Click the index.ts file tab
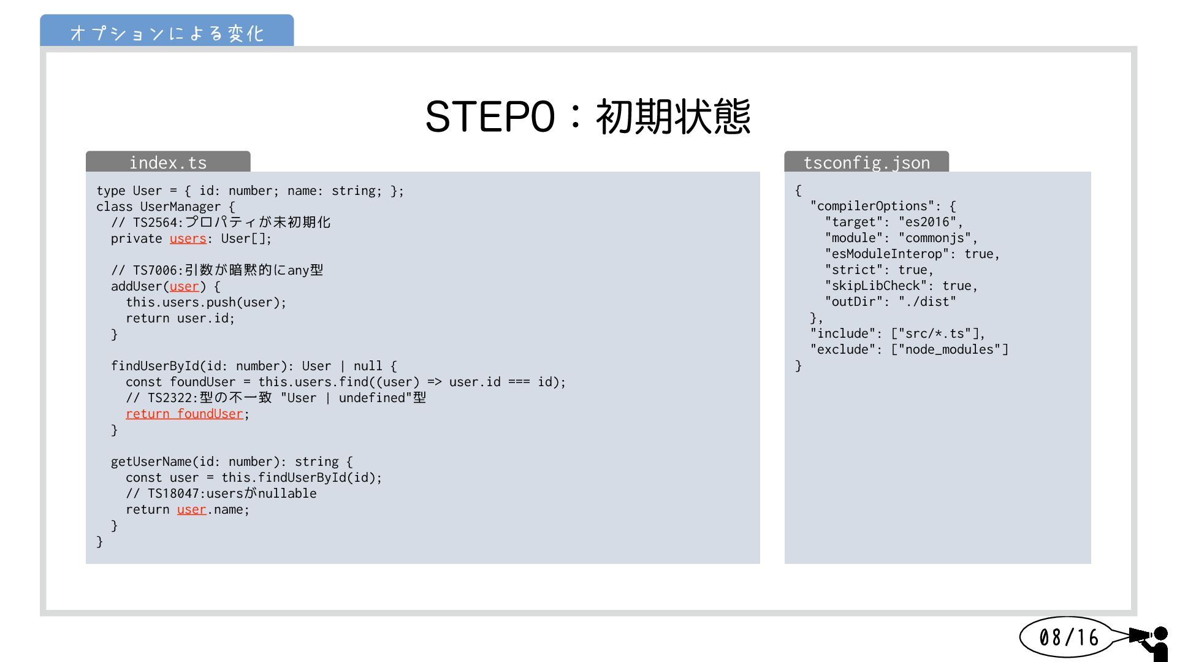[168, 162]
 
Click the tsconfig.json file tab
[866, 162]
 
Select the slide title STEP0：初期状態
[588, 116]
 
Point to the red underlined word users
[188, 238]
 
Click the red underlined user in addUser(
[185, 286]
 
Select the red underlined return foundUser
[185, 414]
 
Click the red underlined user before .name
[191, 509]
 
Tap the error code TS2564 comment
[221, 223]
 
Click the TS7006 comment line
[217, 270]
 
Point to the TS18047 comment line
[221, 493]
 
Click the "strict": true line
[879, 270]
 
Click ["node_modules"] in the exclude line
[950, 350]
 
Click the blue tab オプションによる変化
[167, 32]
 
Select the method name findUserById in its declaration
[155, 366]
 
